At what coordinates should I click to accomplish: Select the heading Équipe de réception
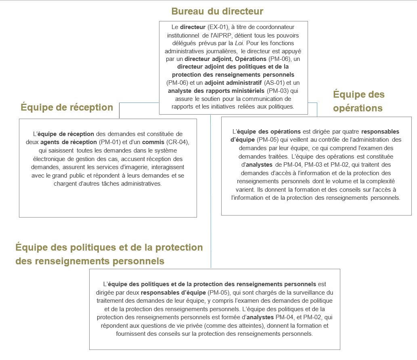click(x=67, y=107)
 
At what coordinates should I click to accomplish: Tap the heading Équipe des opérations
click(x=358, y=101)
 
